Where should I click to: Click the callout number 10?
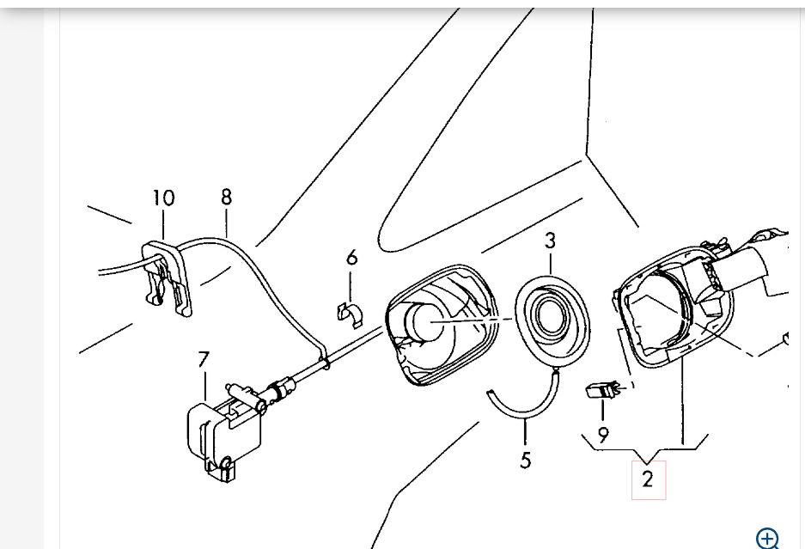pos(164,198)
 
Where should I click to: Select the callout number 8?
pos(227,197)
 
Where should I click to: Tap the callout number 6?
pos(351,257)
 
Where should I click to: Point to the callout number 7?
pos(204,359)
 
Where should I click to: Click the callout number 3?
pos(550,241)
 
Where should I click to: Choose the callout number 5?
pos(525,461)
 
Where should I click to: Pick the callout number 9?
pos(603,435)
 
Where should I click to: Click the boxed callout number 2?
pos(649,479)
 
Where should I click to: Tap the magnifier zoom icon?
pos(767,539)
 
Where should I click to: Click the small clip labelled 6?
pos(351,314)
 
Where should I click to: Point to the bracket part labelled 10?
pos(167,278)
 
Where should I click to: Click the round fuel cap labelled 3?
pos(552,320)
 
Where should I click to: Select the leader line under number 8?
pos(227,222)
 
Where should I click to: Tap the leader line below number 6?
pos(351,287)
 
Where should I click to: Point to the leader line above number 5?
pos(525,432)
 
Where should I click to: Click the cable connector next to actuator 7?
pos(281,387)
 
